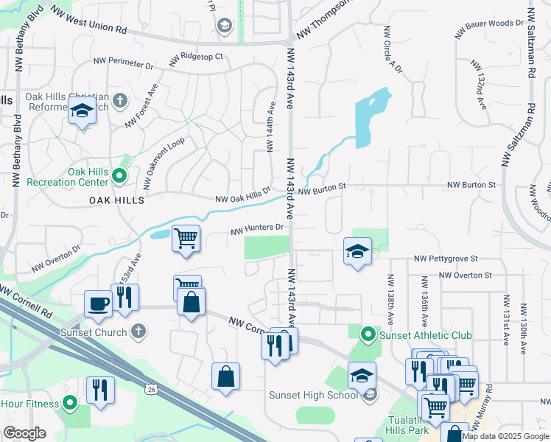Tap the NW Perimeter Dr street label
(x=123, y=65)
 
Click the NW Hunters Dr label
(x=257, y=229)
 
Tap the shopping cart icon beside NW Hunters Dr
(x=186, y=238)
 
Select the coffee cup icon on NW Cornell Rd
(x=98, y=303)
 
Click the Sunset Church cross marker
(x=136, y=330)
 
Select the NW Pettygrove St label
(x=446, y=259)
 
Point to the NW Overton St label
(x=465, y=275)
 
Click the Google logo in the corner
(x=24, y=433)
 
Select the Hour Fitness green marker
(x=70, y=402)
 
